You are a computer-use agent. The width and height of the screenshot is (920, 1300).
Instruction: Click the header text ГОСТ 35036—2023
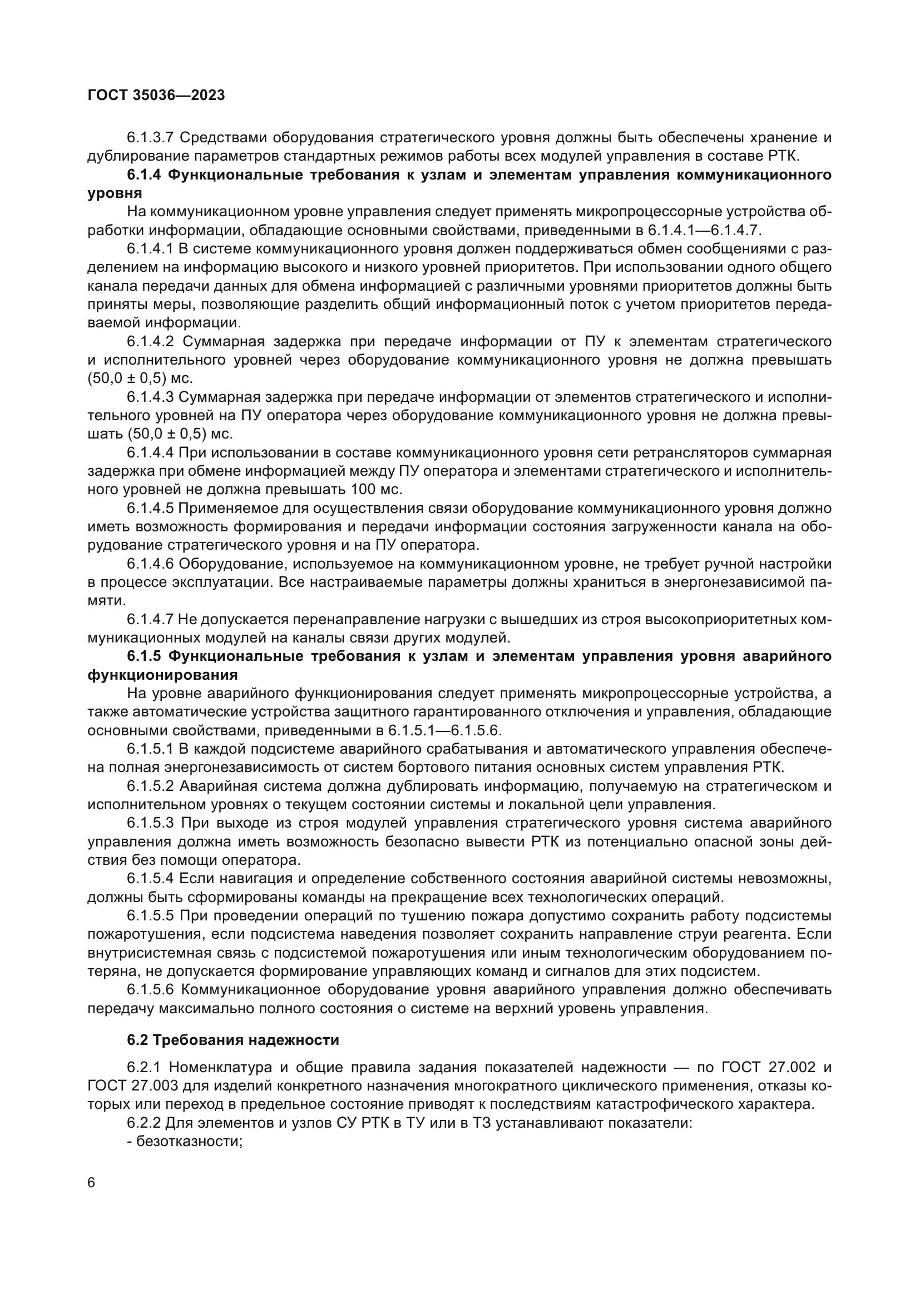point(156,95)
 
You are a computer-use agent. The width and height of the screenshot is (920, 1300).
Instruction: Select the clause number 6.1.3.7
point(151,138)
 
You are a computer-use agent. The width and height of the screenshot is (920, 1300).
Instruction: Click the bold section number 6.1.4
point(144,175)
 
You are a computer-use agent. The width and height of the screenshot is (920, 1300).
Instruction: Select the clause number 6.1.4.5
point(151,509)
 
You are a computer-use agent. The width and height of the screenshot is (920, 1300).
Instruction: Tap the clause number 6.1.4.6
point(151,564)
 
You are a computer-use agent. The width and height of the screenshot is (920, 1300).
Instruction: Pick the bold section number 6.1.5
point(144,656)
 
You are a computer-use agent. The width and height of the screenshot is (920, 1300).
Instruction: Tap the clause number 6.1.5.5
point(151,915)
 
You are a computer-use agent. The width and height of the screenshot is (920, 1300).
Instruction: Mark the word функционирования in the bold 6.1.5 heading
point(162,675)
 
